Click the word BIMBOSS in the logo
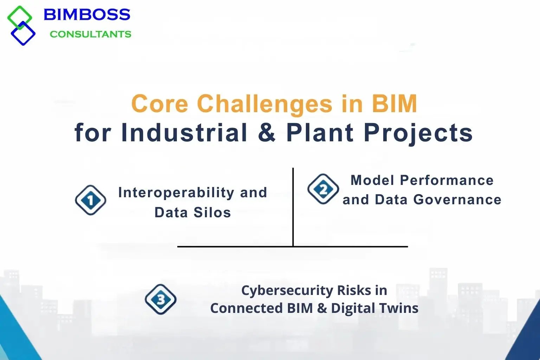pyautogui.click(x=86, y=15)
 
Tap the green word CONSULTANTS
pyautogui.click(x=90, y=34)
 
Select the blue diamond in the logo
pyautogui.click(x=23, y=34)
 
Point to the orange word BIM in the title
pyautogui.click(x=394, y=104)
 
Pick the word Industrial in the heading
pyautogui.click(x=184, y=133)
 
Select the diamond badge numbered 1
pyautogui.click(x=91, y=200)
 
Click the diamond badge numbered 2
pyautogui.click(x=323, y=189)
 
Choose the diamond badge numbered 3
pyautogui.click(x=161, y=300)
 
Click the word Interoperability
pyautogui.click(x=176, y=193)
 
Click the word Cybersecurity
pyautogui.click(x=287, y=291)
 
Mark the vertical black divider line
pyautogui.click(x=293, y=207)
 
